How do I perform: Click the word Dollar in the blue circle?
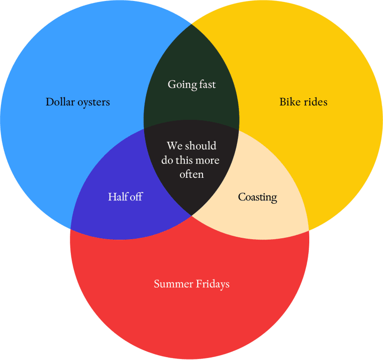click(60, 102)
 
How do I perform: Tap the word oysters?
click(94, 103)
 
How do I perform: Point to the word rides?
click(315, 102)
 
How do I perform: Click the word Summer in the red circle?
click(173, 284)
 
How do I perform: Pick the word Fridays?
click(213, 284)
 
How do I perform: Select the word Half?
click(117, 197)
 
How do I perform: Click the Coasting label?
click(258, 197)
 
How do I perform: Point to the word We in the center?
click(175, 146)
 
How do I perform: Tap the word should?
click(201, 146)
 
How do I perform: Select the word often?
click(192, 174)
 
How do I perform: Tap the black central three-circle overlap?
click(191, 166)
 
